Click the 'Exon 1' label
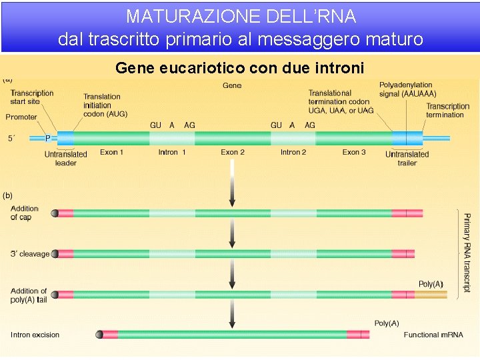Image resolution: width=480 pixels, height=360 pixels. [x=112, y=153]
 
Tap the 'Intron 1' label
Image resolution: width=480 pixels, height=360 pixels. [x=172, y=153]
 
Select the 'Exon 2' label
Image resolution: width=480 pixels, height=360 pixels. [x=233, y=153]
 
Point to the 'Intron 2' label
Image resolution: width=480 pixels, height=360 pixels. [x=293, y=153]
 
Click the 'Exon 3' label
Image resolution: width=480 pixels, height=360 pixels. [x=354, y=153]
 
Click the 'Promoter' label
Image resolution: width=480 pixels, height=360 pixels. [x=21, y=117]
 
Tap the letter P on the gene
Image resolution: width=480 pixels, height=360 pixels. [x=48, y=139]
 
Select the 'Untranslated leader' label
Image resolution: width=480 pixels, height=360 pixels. [x=66, y=159]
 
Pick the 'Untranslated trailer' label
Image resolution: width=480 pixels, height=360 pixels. [x=407, y=159]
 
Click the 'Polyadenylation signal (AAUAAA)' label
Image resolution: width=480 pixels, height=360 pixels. [x=405, y=89]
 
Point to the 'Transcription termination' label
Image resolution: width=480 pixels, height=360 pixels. [x=447, y=111]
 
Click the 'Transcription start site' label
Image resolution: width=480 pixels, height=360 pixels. [x=31, y=97]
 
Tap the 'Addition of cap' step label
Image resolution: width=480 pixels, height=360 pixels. [x=24, y=213]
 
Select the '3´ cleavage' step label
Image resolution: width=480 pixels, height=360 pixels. [x=30, y=254]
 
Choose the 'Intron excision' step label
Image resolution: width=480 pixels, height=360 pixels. [x=35, y=335]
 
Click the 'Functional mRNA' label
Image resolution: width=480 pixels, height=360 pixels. [x=433, y=335]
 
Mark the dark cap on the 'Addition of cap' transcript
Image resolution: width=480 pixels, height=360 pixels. [x=55, y=213]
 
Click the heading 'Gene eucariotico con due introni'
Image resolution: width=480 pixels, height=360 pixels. [x=239, y=68]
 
